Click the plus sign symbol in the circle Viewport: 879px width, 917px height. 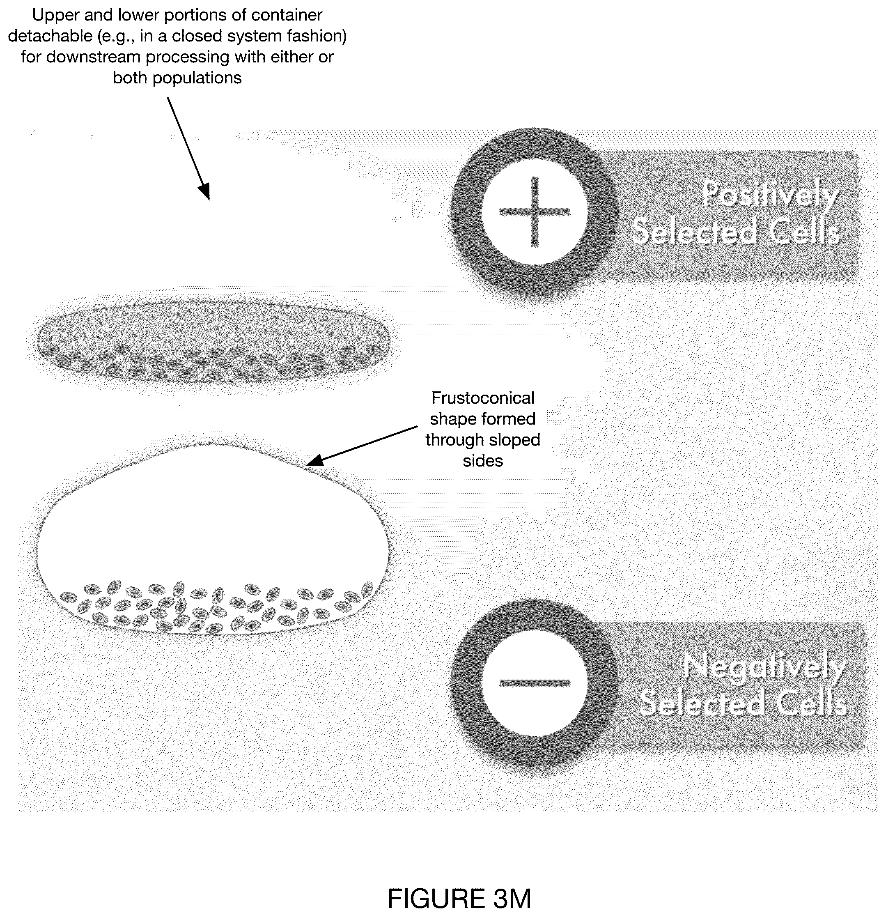(535, 211)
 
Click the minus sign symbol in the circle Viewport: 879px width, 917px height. (535, 683)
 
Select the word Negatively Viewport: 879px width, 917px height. (764, 666)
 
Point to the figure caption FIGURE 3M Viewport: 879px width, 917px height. (459, 898)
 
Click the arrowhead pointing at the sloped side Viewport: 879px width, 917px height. (314, 460)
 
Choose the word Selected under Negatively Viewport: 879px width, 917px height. (702, 703)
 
